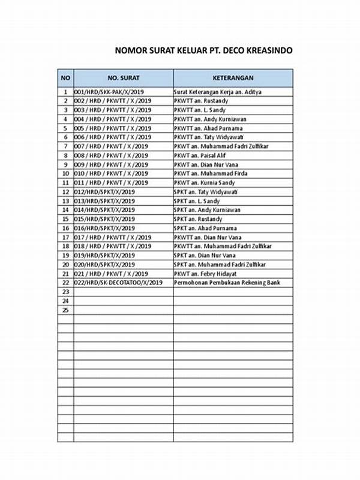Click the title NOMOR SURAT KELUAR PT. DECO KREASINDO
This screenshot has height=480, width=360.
pyautogui.click(x=204, y=51)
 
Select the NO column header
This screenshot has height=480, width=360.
pyautogui.click(x=65, y=78)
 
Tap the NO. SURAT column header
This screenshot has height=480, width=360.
pyautogui.click(x=123, y=78)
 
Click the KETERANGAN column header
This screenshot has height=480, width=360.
pyautogui.click(x=233, y=78)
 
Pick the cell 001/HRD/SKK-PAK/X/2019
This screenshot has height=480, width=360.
pyautogui.click(x=109, y=92)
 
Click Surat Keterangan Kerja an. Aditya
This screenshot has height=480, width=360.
pyautogui.click(x=217, y=92)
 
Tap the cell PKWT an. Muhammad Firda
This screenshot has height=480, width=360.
pyautogui.click(x=206, y=173)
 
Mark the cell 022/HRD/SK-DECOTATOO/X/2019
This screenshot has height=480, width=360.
pyautogui.click(x=118, y=282)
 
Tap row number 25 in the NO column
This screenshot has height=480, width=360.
pyautogui.click(x=65, y=310)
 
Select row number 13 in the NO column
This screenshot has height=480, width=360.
pyautogui.click(x=65, y=201)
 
